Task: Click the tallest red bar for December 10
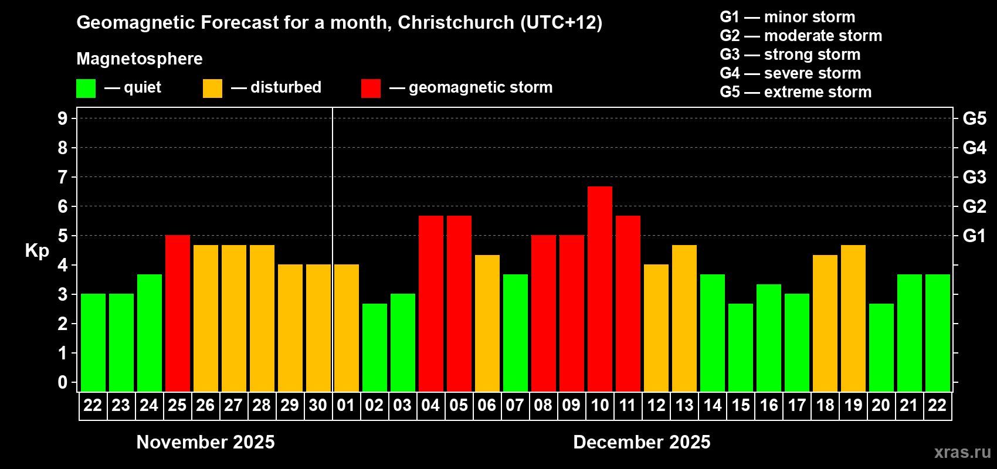point(600,288)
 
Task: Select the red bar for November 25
point(178,313)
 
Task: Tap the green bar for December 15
point(741,347)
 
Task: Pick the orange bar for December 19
point(853,318)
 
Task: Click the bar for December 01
point(347,328)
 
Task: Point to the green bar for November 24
point(150,332)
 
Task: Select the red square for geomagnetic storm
point(371,89)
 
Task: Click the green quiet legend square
point(86,89)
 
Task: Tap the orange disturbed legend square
point(212,89)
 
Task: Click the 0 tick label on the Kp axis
point(63,382)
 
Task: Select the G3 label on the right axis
point(974,177)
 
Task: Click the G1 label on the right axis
point(974,236)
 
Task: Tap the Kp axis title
point(37,250)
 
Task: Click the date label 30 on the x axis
point(318,405)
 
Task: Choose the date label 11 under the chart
point(628,405)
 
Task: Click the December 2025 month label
point(642,442)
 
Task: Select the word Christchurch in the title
point(456,22)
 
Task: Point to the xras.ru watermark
point(962,452)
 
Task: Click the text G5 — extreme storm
point(795,92)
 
